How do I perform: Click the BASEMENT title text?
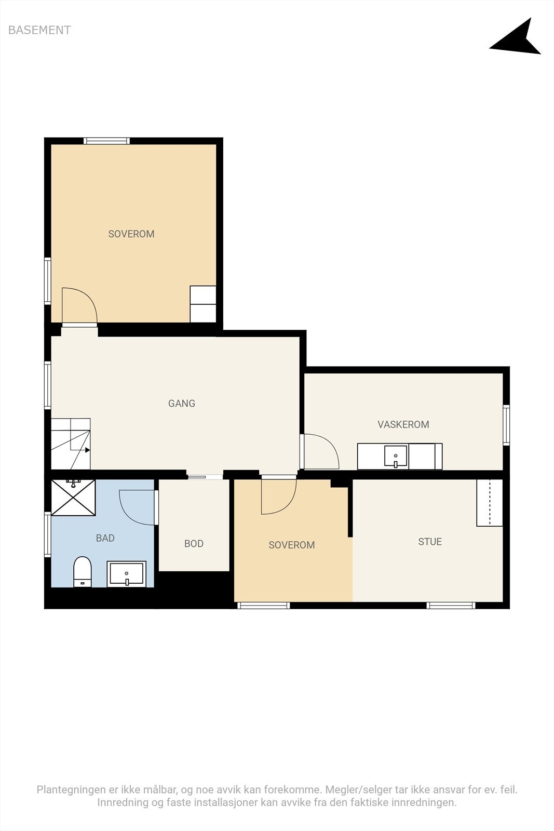click(39, 30)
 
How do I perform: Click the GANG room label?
click(182, 403)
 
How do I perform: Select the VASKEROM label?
click(403, 424)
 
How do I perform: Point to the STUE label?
click(430, 542)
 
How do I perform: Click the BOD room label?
click(194, 543)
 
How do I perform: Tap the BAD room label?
click(105, 538)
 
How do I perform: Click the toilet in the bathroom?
click(83, 571)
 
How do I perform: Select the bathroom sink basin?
click(127, 574)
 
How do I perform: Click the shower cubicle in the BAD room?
click(73, 498)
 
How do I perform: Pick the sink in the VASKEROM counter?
click(396, 456)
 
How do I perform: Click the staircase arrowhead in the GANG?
click(88, 450)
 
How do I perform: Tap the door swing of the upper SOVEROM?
click(79, 305)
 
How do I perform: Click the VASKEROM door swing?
click(321, 451)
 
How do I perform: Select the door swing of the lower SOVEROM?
click(279, 497)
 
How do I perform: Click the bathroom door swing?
click(137, 507)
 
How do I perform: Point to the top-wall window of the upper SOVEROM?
click(107, 141)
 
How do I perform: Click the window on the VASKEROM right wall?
click(506, 425)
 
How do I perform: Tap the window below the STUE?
click(451, 606)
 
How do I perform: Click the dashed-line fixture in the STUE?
click(490, 503)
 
